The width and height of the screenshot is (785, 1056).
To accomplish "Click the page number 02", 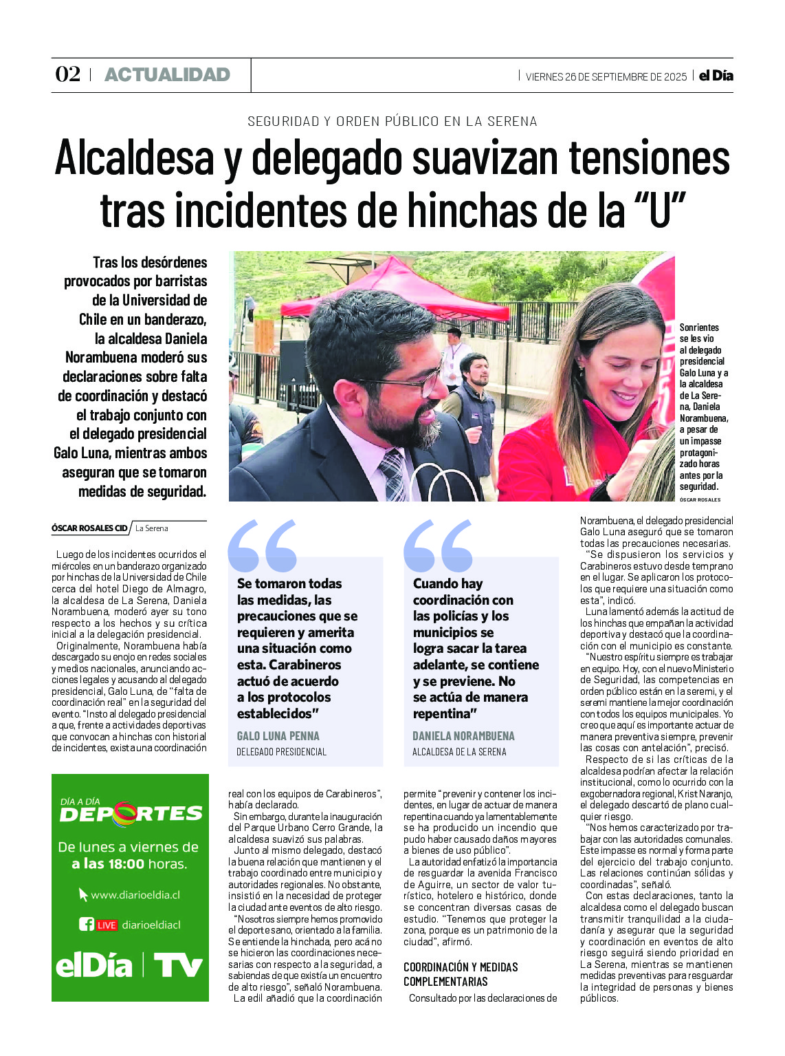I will pyautogui.click(x=67, y=74).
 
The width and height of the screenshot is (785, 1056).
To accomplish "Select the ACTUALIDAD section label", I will pyautogui.click(x=167, y=74).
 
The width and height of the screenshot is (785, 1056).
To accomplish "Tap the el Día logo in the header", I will pyautogui.click(x=716, y=76).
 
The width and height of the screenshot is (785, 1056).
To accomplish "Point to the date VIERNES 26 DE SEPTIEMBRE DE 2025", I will pyautogui.click(x=606, y=77).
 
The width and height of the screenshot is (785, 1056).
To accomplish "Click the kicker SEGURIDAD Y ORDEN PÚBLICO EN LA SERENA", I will pyautogui.click(x=392, y=121).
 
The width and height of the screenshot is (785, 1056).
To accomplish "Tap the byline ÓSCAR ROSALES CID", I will pyautogui.click(x=89, y=528).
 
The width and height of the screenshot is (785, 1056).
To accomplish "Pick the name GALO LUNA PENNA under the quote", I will pyautogui.click(x=278, y=735).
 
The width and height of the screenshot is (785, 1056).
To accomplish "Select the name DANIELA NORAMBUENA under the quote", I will pyautogui.click(x=463, y=735).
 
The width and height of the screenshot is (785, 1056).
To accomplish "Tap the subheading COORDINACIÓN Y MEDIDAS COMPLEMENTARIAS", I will pyautogui.click(x=461, y=974).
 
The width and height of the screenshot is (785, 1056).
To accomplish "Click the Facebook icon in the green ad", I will pyautogui.click(x=86, y=925).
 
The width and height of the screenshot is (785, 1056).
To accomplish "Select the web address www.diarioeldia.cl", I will pyautogui.click(x=135, y=895).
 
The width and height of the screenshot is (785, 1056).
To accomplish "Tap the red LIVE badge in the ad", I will pyautogui.click(x=107, y=925).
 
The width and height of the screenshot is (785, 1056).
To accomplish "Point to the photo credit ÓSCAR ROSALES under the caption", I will pyautogui.click(x=700, y=499).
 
